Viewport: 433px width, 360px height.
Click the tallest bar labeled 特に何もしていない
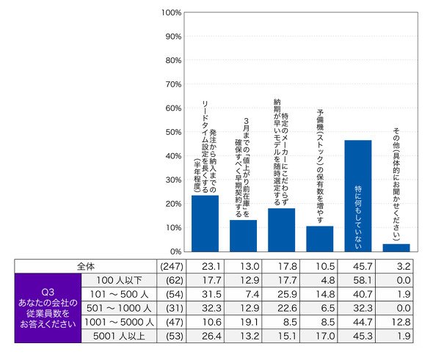point(358,196)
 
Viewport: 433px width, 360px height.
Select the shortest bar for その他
point(396,248)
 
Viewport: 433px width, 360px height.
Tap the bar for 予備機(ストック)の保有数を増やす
point(320,239)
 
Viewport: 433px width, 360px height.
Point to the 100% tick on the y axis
point(171,12)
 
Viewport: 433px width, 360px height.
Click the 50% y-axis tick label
point(173,132)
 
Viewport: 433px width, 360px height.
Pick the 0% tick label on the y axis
point(175,251)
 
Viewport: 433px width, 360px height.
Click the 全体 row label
point(86,266)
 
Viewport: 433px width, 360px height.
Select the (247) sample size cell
point(172,266)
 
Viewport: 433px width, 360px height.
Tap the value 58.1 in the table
point(362,280)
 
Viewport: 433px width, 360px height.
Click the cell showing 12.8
point(401,322)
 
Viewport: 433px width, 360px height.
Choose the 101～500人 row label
point(119,294)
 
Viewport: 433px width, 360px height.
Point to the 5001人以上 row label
point(119,336)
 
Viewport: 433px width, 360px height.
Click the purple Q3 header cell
point(48,308)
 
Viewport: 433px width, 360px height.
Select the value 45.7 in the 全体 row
point(363,266)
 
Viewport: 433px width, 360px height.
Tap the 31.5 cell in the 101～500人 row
point(211,294)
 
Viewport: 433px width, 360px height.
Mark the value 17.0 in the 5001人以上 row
point(325,336)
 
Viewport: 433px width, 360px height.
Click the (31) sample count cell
point(175,308)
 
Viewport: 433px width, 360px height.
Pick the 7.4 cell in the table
point(252,294)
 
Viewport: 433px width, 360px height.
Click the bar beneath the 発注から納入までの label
point(205,224)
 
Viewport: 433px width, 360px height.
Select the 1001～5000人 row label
point(119,322)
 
